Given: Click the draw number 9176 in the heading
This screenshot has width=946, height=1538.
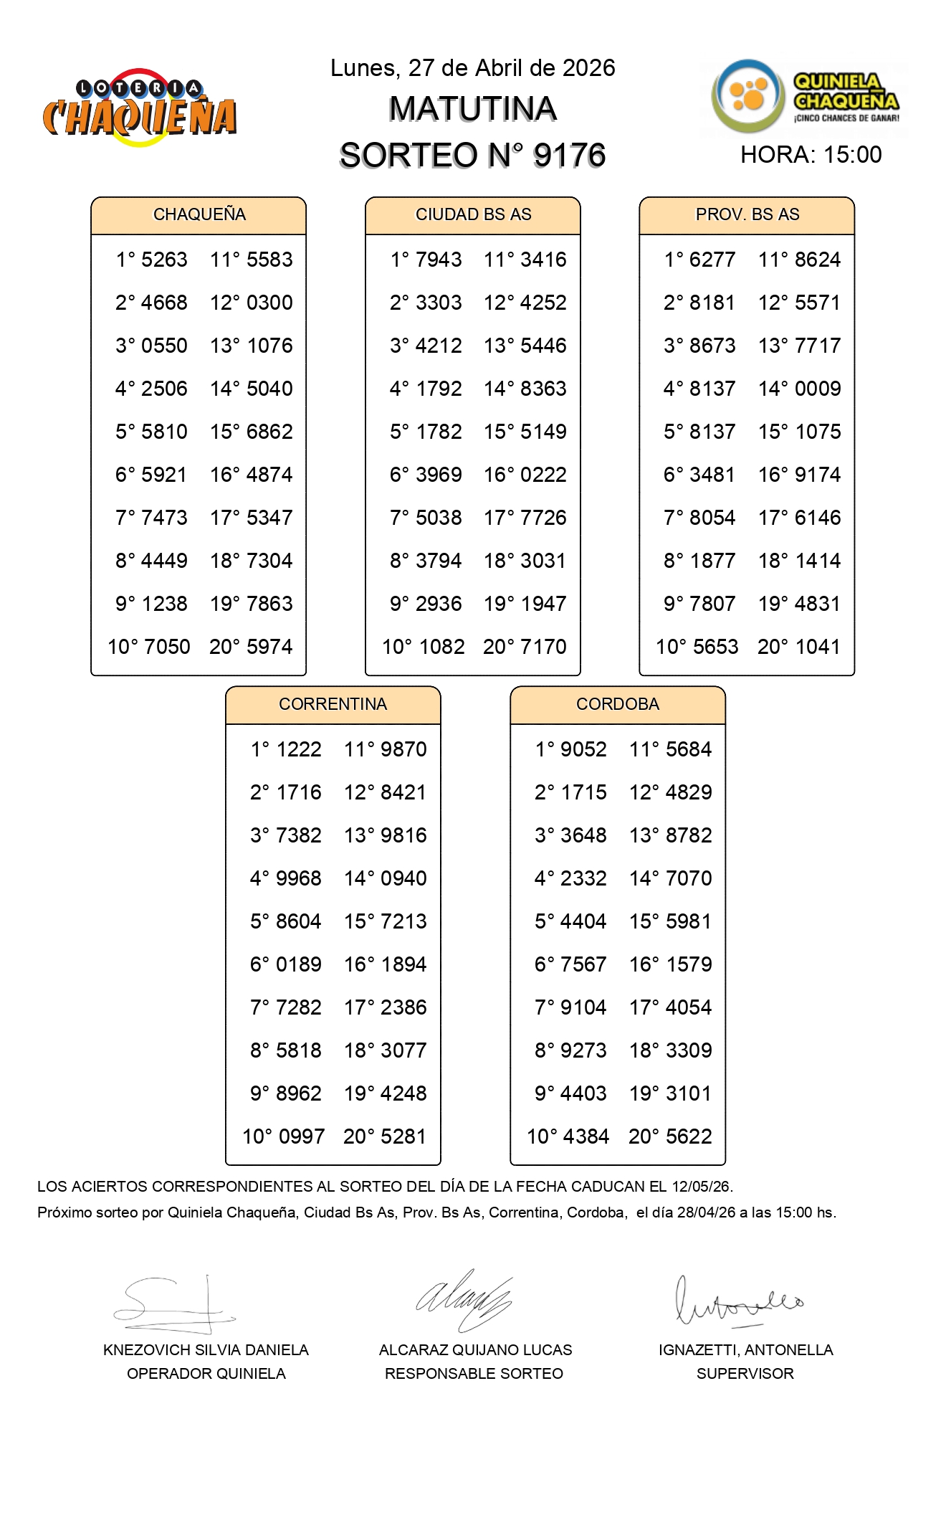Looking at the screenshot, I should [569, 156].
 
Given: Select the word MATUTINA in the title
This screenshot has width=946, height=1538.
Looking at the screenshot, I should [472, 110].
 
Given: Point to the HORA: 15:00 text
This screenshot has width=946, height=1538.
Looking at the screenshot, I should [811, 155].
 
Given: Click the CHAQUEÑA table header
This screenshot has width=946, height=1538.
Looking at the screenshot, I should [199, 214].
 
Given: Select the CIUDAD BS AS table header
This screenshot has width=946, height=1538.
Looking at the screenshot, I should [473, 214].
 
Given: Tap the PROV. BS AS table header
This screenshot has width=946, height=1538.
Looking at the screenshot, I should [747, 214].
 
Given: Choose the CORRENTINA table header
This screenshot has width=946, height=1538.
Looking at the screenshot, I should [333, 704].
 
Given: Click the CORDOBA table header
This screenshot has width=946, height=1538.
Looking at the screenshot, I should [617, 704].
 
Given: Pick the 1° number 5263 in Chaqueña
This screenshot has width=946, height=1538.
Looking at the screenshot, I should [164, 260].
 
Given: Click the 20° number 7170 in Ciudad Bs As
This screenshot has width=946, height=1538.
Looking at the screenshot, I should [543, 647].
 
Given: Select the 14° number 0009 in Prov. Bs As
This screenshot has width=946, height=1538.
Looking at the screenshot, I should [818, 389].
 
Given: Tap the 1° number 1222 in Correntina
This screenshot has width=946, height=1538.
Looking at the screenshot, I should [299, 749].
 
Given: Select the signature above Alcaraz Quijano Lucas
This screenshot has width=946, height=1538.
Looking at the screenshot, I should [464, 1299].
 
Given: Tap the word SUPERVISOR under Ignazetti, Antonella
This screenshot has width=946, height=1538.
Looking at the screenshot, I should [745, 1373].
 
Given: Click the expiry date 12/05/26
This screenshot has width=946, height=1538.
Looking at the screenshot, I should [701, 1187].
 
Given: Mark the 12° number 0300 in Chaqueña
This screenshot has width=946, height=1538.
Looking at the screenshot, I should [269, 303].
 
